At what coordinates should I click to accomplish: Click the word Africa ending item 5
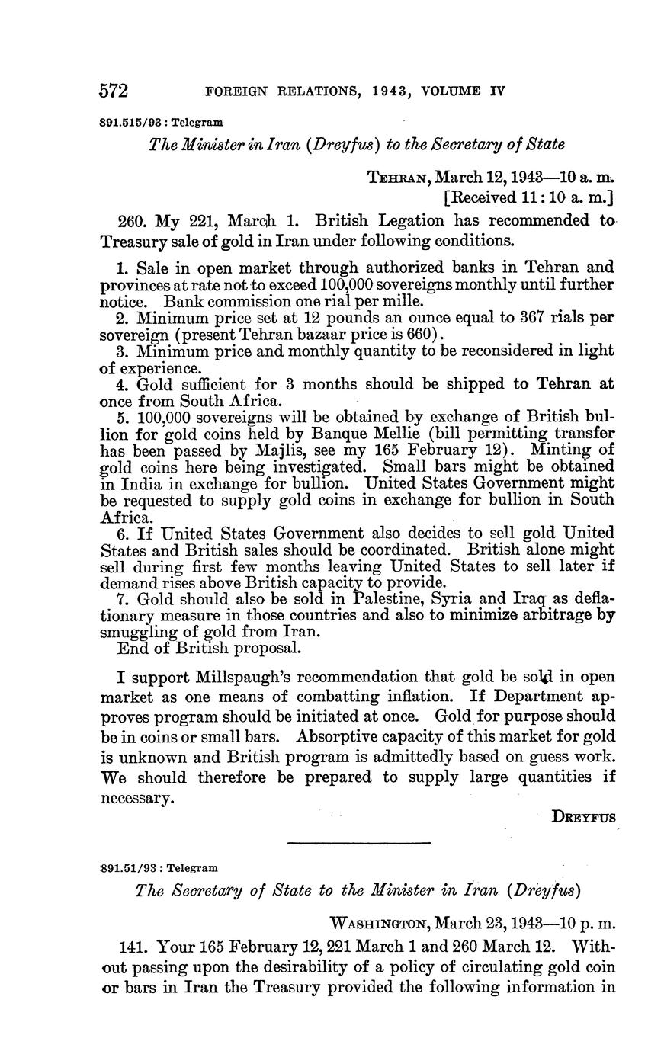coord(121,516)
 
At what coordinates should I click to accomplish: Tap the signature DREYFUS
coord(584,816)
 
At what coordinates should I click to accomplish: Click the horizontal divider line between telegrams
coord(359,842)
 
